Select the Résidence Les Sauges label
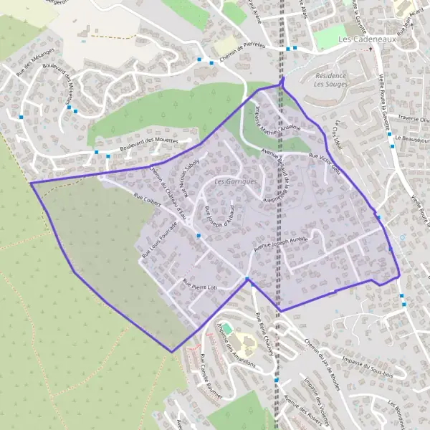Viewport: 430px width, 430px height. tap(330, 80)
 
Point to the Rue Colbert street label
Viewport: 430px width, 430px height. tap(147, 202)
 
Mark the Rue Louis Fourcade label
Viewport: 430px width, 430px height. tap(159, 238)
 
